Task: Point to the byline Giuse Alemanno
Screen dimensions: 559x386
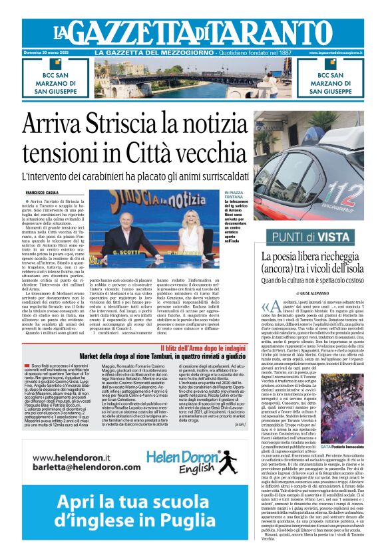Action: (x=305, y=294)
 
